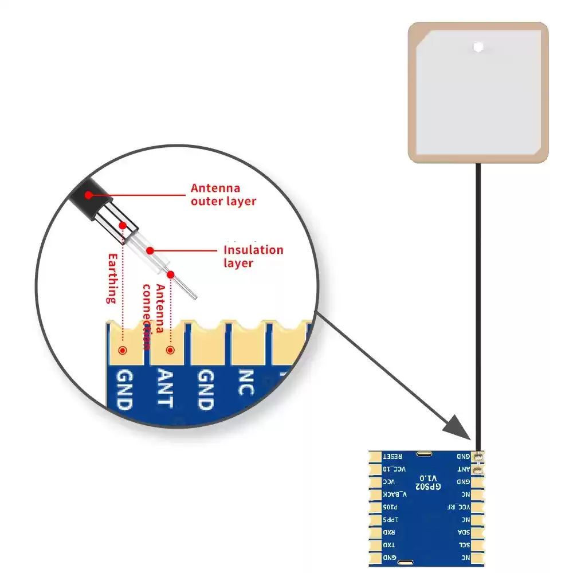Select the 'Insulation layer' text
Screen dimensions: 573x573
click(x=253, y=256)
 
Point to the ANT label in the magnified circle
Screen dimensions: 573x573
click(x=164, y=388)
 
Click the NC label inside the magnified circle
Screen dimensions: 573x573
click(x=246, y=383)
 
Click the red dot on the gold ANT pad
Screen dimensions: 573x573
click(x=170, y=350)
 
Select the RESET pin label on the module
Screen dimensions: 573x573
click(x=393, y=456)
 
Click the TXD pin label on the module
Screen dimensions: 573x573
click(x=390, y=544)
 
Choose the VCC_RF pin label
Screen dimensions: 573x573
click(x=460, y=507)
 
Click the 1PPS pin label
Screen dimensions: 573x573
click(x=390, y=519)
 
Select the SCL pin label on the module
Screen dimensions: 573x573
click(x=463, y=544)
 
